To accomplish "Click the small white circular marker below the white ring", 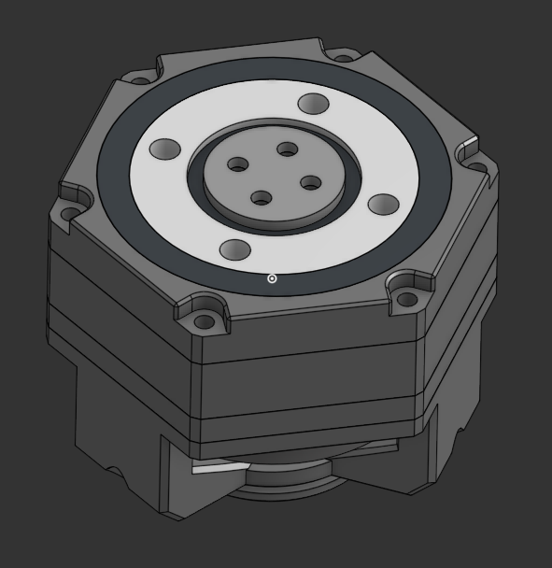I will click(272, 278).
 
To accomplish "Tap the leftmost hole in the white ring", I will click(165, 149).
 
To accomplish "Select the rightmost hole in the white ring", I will click(384, 204).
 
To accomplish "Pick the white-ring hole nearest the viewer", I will click(234, 249).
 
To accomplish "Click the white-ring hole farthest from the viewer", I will click(313, 104).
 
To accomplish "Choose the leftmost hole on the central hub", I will click(238, 164).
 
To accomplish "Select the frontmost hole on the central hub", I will click(262, 197).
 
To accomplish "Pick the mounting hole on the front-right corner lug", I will click(407, 299).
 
